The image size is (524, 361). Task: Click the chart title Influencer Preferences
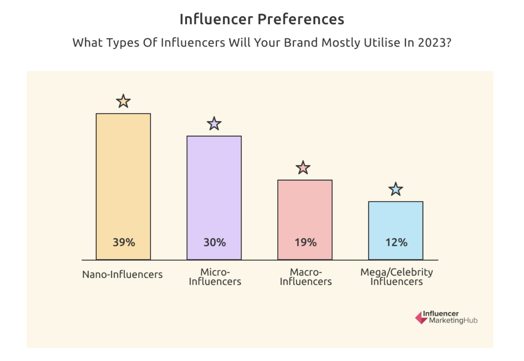(x=262, y=19)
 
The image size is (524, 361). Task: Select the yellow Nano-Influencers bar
(x=123, y=177)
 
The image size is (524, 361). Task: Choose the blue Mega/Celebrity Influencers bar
(x=396, y=220)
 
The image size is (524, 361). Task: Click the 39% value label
(x=124, y=242)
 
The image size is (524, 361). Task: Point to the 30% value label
(x=214, y=242)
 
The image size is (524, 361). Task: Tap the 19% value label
(x=305, y=242)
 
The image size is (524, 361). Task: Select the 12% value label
(x=396, y=242)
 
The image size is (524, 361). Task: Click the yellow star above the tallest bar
(x=123, y=101)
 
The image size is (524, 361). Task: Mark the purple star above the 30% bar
(x=214, y=124)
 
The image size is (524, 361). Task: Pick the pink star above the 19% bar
(x=303, y=168)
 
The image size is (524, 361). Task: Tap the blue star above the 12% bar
(x=396, y=189)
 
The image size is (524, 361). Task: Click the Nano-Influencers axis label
(x=122, y=274)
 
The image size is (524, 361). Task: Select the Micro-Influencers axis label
(x=215, y=277)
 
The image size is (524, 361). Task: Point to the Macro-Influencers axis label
(x=306, y=277)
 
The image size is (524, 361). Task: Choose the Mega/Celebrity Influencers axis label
(x=396, y=277)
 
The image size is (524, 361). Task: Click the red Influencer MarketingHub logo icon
(x=421, y=318)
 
